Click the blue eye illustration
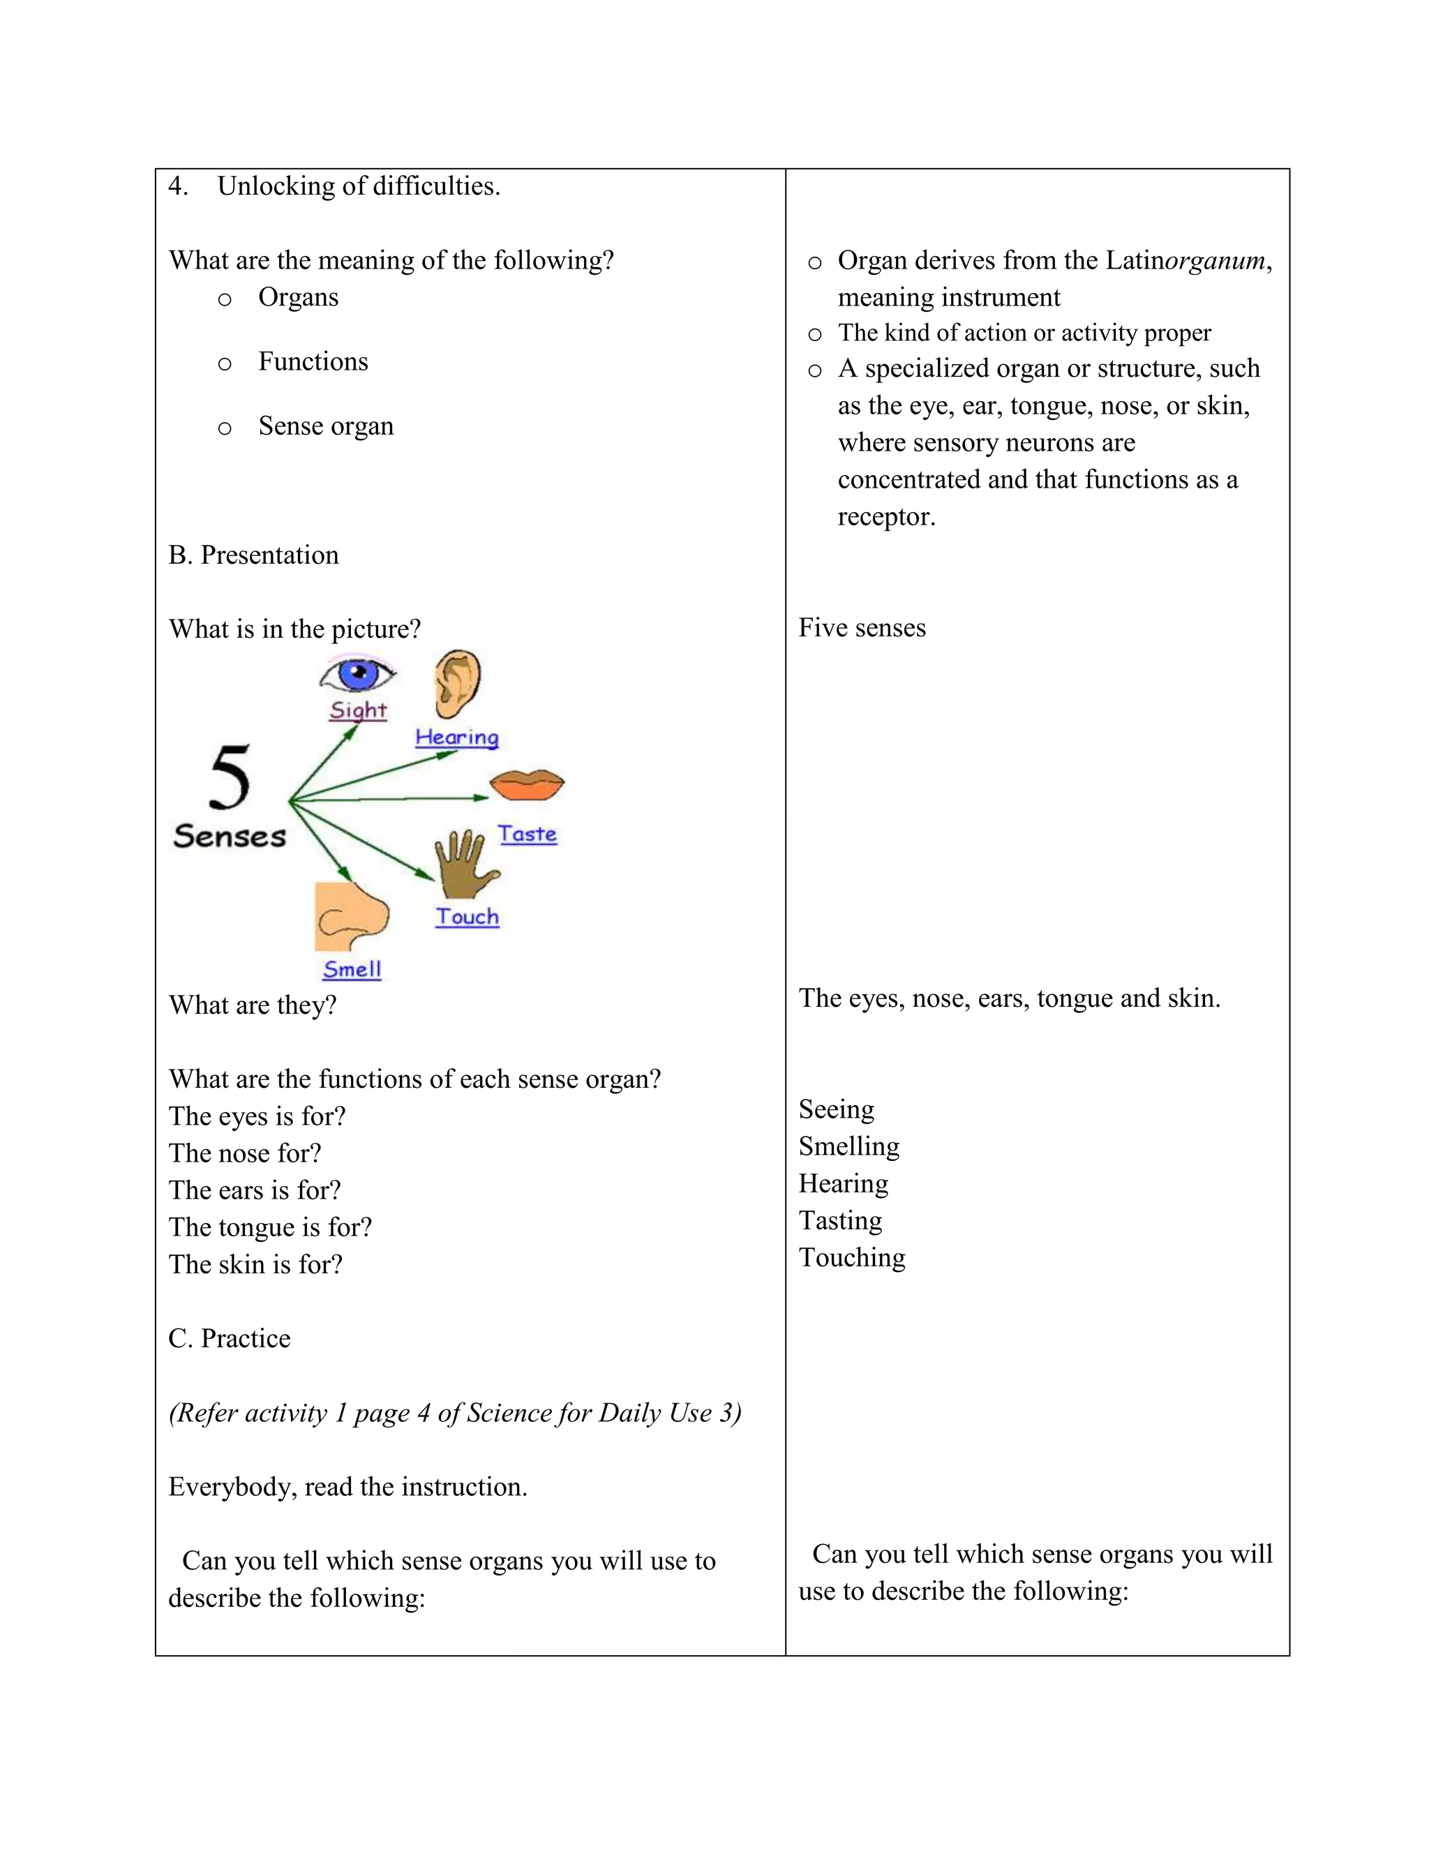tap(358, 675)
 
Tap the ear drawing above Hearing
tap(457, 683)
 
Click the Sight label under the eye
tap(358, 710)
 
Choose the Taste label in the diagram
tap(527, 834)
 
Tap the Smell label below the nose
tap(352, 969)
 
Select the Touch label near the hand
tap(467, 917)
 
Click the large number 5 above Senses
tap(230, 777)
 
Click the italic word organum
tap(1215, 261)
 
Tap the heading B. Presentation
tap(253, 555)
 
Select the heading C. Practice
tap(230, 1338)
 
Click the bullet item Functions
tap(313, 362)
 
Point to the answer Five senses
tap(862, 628)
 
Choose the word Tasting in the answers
tap(840, 1221)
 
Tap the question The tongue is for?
tap(270, 1227)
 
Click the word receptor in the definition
tap(885, 517)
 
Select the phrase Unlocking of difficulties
tap(358, 186)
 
